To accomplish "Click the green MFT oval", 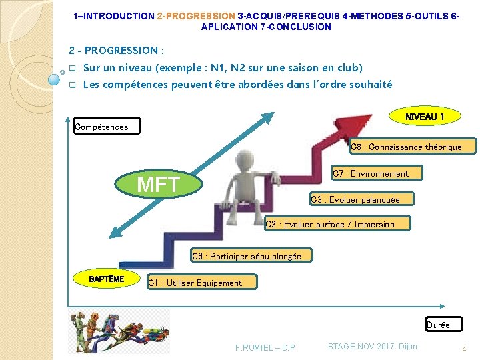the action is point(159,184).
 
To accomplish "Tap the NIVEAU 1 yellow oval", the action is point(424,117).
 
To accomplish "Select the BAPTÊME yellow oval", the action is point(107,279).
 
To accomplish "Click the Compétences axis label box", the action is point(107,126).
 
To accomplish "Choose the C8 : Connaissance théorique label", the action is point(406,147).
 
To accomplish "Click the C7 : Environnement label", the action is point(369,173).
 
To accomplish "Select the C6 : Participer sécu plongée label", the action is point(246,256).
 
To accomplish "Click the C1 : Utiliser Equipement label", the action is point(195,283).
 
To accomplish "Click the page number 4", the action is point(465,349).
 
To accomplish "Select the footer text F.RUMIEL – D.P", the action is point(265,347).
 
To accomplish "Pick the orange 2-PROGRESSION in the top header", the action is point(196,15).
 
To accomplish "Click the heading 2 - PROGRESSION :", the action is point(117,51).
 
